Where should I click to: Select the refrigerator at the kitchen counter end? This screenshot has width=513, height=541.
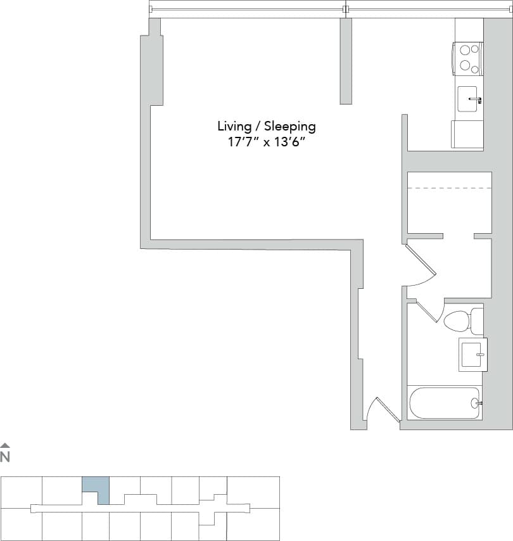[467, 134]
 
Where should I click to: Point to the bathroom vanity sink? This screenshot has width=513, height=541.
[472, 354]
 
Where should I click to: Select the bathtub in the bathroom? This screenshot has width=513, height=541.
[444, 403]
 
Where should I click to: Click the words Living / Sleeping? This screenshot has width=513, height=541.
[266, 126]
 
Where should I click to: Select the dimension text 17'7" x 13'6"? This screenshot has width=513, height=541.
[266, 142]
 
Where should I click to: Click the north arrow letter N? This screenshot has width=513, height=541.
[5, 456]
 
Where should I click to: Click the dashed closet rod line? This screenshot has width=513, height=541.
[449, 188]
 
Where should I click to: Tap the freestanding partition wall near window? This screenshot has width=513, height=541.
[346, 61]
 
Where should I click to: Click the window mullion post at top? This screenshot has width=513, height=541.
[345, 9]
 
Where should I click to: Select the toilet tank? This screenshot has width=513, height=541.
[476, 322]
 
